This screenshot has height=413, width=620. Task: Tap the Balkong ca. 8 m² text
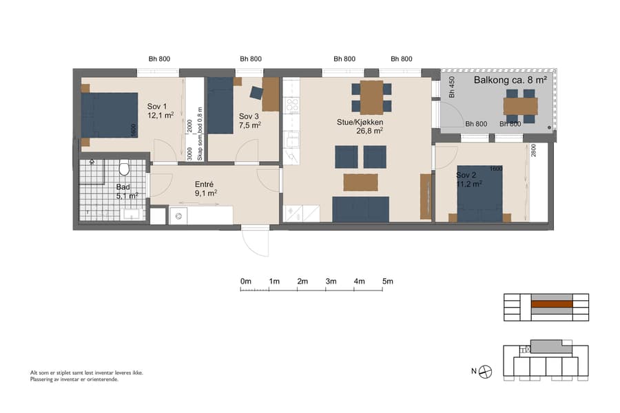[x=510, y=80]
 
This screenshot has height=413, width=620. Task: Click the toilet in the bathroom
[x=125, y=167]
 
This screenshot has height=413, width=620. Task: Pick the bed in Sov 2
[x=480, y=193]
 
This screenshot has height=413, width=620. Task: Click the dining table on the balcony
[x=520, y=106]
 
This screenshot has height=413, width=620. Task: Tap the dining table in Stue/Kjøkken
[x=371, y=97]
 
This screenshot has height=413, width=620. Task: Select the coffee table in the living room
[x=360, y=182]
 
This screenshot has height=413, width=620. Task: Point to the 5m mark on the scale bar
[x=387, y=282]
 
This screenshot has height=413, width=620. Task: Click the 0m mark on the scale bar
[x=245, y=282]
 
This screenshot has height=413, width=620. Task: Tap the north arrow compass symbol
[x=486, y=372]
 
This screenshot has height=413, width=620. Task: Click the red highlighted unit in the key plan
[x=551, y=304]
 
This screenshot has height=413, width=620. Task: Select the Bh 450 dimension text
[x=452, y=88]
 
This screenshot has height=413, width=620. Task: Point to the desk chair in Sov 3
[x=256, y=93]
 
